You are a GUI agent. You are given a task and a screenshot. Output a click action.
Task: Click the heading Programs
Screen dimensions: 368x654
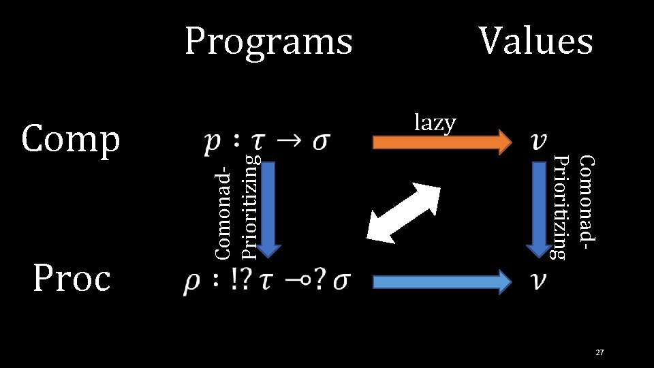tap(268, 42)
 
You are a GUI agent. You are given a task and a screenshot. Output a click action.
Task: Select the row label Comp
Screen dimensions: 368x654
tap(70, 140)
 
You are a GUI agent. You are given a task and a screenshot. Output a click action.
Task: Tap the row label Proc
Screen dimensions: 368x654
tap(70, 278)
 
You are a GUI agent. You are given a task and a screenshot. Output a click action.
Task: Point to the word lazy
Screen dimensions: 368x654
tap(435, 123)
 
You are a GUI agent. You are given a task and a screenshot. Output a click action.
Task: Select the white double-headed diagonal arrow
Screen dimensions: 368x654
tap(402, 211)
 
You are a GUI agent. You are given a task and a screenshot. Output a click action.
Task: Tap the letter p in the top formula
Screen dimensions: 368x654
tap(212, 144)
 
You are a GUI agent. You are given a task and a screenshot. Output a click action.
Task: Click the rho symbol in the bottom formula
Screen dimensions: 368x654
tap(191, 282)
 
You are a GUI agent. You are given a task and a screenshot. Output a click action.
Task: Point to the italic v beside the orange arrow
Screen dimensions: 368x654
tap(540, 142)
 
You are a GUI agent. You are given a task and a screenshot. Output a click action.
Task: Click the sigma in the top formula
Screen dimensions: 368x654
tap(322, 144)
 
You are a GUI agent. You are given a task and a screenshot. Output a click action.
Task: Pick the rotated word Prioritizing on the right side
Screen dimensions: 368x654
tap(559, 207)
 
